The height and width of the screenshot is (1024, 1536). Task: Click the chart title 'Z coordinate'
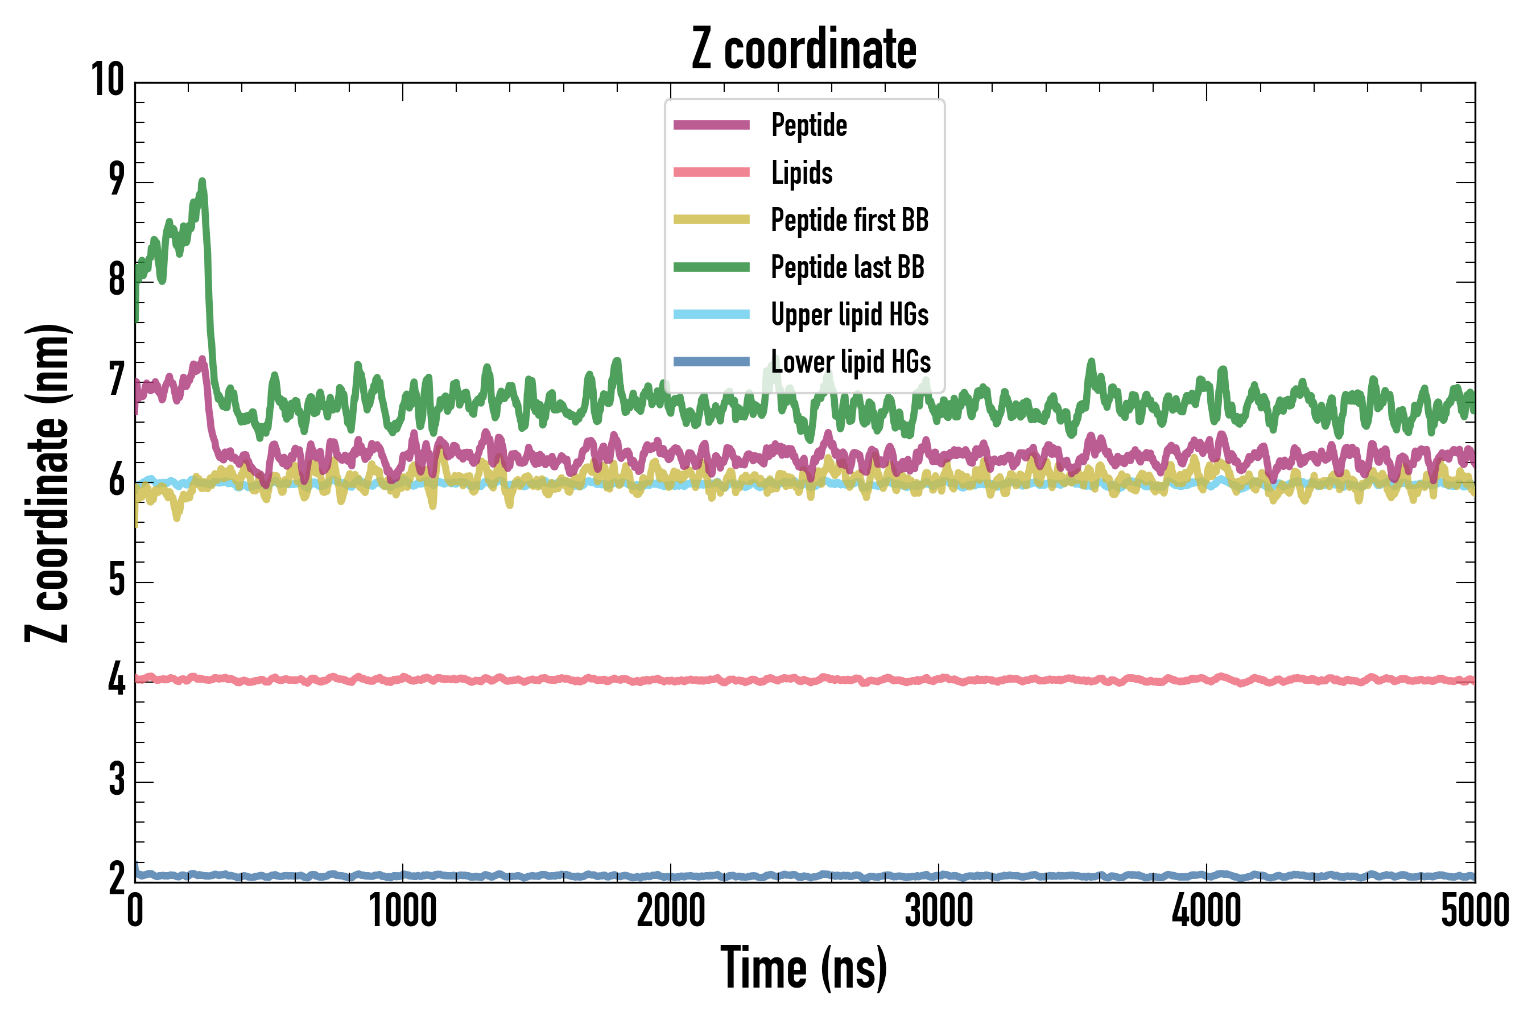click(x=804, y=49)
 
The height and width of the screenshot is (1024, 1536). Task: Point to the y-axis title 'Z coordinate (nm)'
click(x=47, y=482)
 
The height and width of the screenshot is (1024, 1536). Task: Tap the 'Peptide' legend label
click(x=809, y=125)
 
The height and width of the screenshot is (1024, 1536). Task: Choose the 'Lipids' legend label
click(x=802, y=172)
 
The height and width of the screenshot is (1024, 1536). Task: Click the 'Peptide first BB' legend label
click(x=849, y=220)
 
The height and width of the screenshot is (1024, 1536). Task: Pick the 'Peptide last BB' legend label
click(x=848, y=267)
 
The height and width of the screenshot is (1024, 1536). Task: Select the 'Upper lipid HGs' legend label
click(x=849, y=314)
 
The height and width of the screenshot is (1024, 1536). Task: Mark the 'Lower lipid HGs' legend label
click(x=851, y=362)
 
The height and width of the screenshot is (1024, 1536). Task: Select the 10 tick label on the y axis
click(x=108, y=80)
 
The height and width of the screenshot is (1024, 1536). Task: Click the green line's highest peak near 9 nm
click(x=203, y=181)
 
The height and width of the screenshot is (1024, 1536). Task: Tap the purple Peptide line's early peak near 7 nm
click(x=203, y=358)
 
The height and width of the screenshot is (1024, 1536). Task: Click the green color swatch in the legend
click(x=712, y=267)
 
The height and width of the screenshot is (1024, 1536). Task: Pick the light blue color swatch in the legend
click(x=712, y=314)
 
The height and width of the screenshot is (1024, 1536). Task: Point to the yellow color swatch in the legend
click(x=712, y=220)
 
